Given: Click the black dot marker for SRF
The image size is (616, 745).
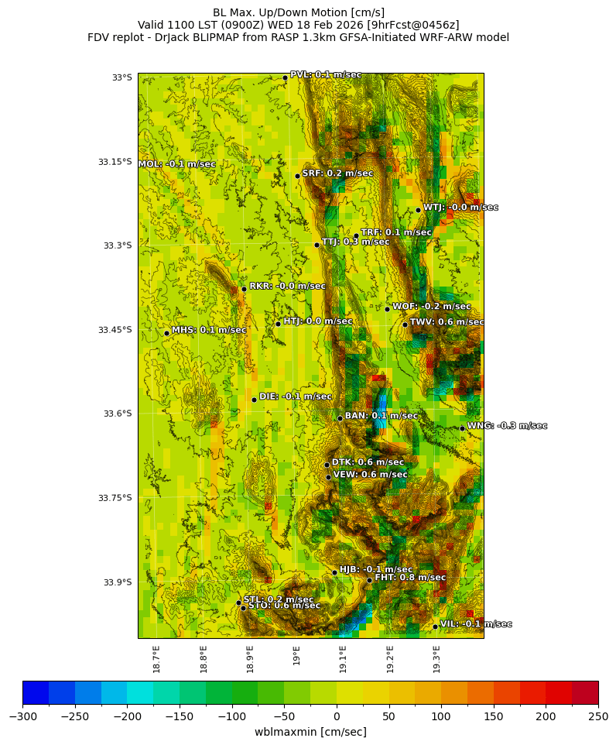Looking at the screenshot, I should pos(297,176).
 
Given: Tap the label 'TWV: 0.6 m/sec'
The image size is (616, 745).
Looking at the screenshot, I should pos(447,322).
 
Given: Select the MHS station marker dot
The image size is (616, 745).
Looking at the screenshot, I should pos(166,333).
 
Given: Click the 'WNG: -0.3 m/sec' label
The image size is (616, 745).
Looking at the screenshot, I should pos(507,426).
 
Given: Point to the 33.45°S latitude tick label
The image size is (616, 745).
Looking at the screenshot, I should pos(115,330).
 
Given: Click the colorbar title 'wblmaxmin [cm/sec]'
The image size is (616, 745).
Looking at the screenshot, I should pos(310,732).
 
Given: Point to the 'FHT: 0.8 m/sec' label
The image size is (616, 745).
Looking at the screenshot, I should pos(410,578).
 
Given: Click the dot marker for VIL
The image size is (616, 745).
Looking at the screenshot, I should pos(435,627).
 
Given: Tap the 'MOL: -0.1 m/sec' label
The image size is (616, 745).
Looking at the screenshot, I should pos(176,164).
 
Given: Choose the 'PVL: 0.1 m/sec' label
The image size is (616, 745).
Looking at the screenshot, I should pos(326,75).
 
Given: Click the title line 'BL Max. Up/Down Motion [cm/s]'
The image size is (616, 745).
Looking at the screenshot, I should pos(299,12).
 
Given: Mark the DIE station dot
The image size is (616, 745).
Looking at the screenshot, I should pos(254,400).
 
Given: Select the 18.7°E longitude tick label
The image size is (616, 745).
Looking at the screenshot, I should pos(156,659).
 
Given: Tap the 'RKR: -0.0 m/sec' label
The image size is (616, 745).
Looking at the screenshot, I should pos(287,287).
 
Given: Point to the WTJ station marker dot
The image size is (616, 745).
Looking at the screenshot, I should pos(418,210).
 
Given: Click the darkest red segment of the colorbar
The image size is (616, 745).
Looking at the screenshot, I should pos(585,692).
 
